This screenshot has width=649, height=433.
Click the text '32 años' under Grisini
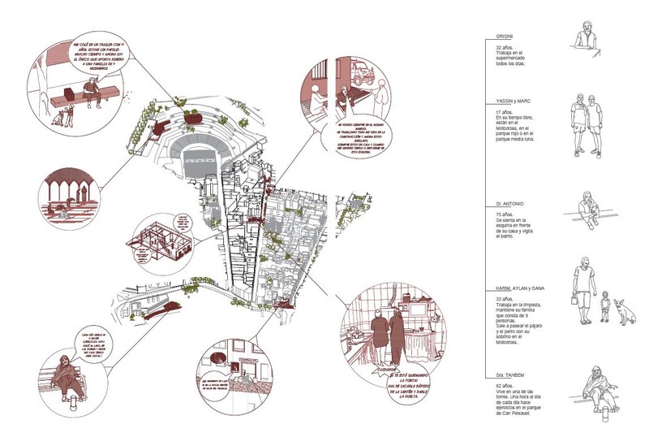(506, 49)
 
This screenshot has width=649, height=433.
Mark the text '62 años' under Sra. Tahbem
(506, 387)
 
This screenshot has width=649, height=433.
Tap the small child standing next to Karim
(604, 308)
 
